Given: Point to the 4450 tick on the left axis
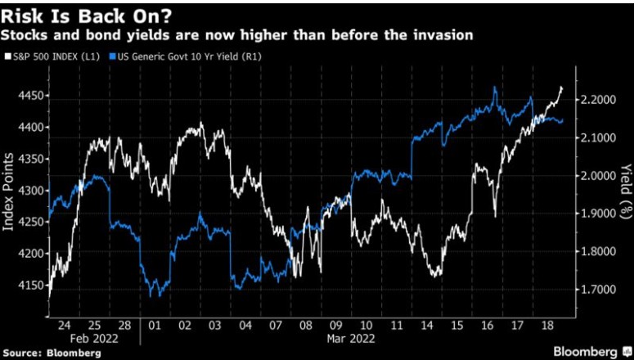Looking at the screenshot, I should [28, 96].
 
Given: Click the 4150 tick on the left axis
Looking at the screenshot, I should [28, 286].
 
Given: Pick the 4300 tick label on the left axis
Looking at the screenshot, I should [28, 191].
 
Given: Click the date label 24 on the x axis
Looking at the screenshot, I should [63, 325].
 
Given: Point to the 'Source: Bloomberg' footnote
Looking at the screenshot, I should [52, 353].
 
